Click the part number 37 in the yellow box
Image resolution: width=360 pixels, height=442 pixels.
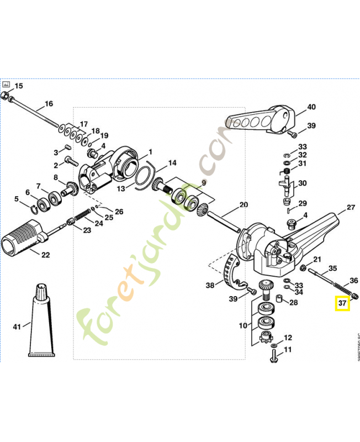click(342, 303)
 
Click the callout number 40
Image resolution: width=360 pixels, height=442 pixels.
click(311, 107)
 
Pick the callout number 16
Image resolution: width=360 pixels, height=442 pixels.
click(49, 104)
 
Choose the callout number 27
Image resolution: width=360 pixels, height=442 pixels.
click(351, 208)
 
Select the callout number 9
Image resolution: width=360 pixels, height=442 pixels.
click(203, 182)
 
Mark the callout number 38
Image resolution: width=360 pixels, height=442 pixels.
click(210, 286)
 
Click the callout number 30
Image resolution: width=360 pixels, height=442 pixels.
click(303, 183)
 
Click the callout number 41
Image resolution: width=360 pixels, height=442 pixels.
click(17, 327)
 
